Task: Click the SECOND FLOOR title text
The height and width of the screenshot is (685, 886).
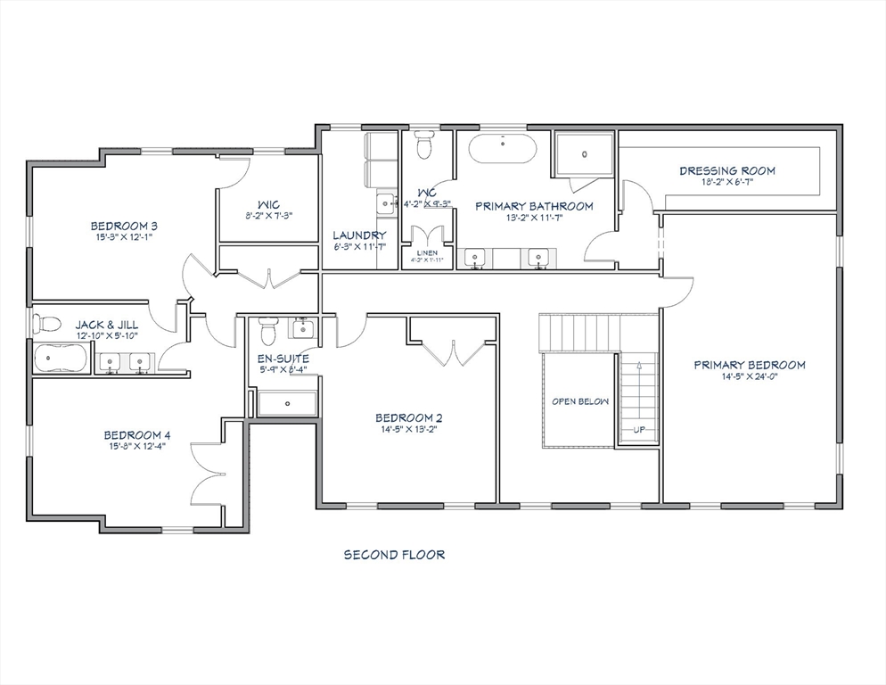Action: click(394, 555)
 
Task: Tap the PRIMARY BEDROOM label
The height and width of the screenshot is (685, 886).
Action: click(750, 365)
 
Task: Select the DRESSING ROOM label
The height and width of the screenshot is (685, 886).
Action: click(726, 170)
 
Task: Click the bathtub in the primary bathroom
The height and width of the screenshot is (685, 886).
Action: click(503, 148)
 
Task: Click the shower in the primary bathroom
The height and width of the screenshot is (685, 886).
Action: click(585, 154)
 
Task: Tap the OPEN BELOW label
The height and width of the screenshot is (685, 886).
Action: click(579, 401)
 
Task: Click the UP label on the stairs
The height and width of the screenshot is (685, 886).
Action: click(638, 429)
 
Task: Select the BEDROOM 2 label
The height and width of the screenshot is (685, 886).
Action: click(408, 417)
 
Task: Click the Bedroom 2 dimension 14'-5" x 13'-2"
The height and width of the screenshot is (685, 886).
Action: click(408, 429)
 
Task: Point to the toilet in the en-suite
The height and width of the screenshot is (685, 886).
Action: click(267, 334)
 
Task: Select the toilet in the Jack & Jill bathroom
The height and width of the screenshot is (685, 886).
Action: click(46, 323)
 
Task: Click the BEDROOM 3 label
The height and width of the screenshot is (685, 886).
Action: click(124, 226)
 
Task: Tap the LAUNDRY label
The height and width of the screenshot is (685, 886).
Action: click(359, 235)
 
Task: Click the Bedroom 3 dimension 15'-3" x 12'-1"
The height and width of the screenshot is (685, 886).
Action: click(124, 237)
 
